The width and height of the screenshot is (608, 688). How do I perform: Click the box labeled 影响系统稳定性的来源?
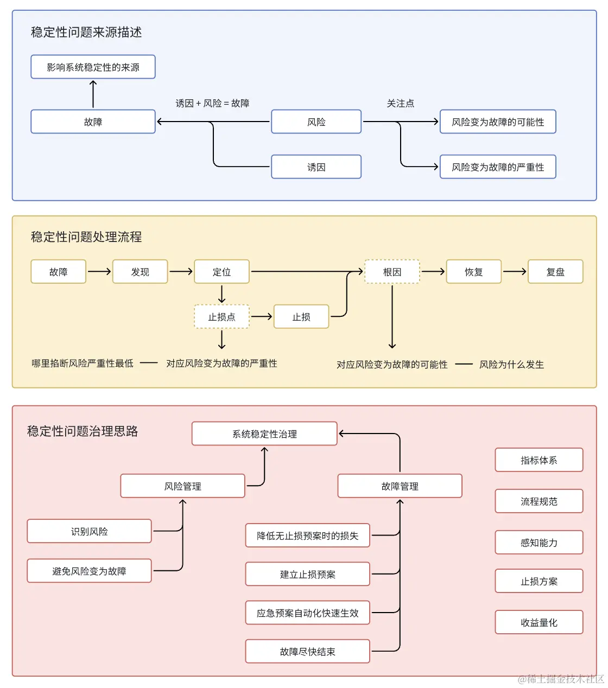tap(93, 67)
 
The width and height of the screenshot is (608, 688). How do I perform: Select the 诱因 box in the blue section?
tap(316, 167)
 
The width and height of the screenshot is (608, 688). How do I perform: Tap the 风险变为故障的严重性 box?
tap(497, 167)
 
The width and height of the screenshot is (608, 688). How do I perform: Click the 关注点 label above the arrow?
tap(400, 103)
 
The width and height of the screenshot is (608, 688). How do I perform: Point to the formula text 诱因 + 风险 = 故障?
tap(212, 103)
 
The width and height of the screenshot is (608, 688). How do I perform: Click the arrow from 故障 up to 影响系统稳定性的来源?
tap(93, 94)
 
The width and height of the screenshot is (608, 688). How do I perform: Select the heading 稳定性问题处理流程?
tap(86, 237)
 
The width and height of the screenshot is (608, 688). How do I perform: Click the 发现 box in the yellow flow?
tap(140, 272)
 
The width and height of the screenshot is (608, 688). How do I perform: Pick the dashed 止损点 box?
tap(221, 317)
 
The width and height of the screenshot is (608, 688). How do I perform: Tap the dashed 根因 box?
tap(392, 272)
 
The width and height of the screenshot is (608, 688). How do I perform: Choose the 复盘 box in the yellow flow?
tap(555, 272)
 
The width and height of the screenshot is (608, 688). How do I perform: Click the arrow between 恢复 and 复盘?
tap(515, 271)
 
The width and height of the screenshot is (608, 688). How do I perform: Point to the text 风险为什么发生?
tap(511, 365)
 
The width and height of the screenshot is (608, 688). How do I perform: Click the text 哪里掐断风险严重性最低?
tap(83, 364)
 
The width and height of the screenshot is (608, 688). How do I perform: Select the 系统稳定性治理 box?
tap(264, 434)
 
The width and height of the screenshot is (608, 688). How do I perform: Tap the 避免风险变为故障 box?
tap(89, 571)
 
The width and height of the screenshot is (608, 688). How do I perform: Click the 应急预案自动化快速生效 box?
tap(307, 613)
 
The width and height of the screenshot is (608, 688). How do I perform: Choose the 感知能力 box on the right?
tap(539, 543)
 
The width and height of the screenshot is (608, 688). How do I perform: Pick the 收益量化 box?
tap(539, 622)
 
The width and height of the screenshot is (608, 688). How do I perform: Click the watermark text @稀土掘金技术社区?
tap(560, 679)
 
